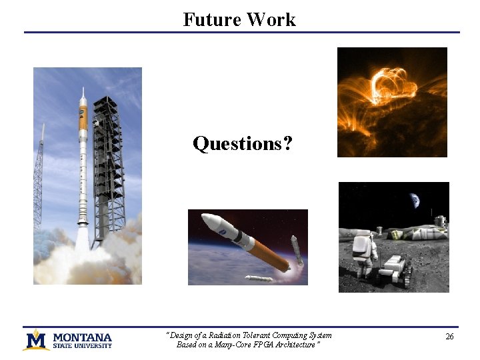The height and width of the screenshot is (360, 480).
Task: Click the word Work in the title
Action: point(270,19)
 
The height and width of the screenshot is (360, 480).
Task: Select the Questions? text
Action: point(242,143)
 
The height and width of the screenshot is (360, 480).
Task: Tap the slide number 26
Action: point(449,337)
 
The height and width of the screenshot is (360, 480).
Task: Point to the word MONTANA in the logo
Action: point(82,337)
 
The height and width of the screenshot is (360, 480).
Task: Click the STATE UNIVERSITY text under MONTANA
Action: point(82,345)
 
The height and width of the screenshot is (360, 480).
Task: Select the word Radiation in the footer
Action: point(227,335)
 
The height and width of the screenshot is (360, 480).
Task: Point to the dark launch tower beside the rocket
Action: point(107,167)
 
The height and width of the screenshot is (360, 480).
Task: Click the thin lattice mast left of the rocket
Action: point(39,180)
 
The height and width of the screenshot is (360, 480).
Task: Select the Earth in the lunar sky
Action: point(415,200)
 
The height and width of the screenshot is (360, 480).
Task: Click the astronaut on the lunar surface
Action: point(364,253)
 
